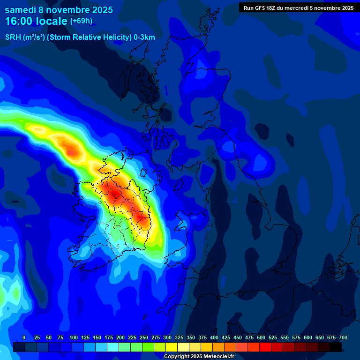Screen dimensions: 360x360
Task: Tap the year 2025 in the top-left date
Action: pos(100,10)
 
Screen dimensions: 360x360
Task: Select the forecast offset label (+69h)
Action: pos(81,21)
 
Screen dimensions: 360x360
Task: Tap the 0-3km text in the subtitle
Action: pos(144,37)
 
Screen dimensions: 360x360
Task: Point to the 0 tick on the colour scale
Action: pos(24,337)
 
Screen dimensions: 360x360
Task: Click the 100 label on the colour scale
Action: pos(74,337)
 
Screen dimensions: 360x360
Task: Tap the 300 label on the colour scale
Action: pos(167,337)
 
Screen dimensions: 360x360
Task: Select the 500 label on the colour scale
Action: pos(261,337)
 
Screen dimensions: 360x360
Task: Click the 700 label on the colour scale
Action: pos(343,337)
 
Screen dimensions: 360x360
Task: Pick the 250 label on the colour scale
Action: pos(144,337)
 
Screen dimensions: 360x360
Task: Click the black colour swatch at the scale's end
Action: pos(336,347)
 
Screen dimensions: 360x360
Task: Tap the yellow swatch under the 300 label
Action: pos(172,347)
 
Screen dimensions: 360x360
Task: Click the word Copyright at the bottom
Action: pos(176,357)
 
